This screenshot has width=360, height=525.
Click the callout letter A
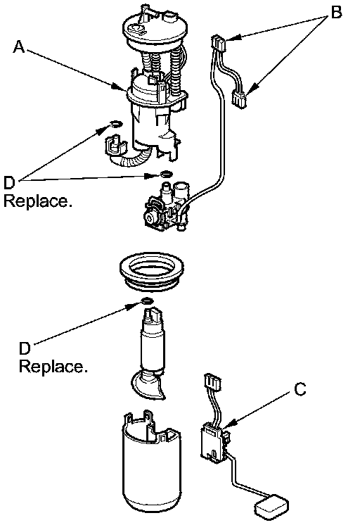(19, 46)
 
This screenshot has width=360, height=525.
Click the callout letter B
(336, 12)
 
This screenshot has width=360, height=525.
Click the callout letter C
(300, 389)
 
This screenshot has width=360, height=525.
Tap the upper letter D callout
(9, 183)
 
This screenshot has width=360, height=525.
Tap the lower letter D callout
(25, 348)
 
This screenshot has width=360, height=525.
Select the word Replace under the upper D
(37, 201)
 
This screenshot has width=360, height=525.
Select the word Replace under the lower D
(53, 367)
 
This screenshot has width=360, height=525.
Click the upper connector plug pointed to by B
(219, 44)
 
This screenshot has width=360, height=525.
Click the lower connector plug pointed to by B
(239, 99)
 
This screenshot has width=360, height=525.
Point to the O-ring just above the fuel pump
(147, 301)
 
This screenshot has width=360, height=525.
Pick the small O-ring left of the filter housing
(115, 125)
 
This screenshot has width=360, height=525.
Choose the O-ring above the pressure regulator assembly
(166, 174)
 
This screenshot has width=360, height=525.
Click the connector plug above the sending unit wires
(212, 382)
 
